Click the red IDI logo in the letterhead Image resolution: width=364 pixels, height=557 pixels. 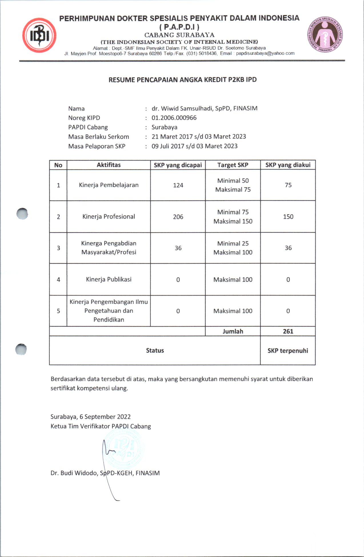click(39, 35)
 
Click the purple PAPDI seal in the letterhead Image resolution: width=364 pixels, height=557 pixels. click(325, 35)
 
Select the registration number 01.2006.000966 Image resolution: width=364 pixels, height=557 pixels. click(174, 118)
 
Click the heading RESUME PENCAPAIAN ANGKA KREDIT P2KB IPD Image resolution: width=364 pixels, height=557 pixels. click(182, 80)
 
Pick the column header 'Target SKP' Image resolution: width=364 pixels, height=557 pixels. click(233, 165)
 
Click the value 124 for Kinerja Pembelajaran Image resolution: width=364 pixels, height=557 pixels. click(178, 185)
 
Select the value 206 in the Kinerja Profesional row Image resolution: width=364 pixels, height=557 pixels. click(178, 217)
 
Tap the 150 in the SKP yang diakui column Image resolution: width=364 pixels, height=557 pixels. click(288, 217)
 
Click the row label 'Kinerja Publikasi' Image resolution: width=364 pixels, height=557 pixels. click(109, 279)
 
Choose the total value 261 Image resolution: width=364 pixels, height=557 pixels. click(288, 331)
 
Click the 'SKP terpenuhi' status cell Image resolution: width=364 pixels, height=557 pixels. click(288, 351)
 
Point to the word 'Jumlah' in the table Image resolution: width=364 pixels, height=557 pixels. click(233, 331)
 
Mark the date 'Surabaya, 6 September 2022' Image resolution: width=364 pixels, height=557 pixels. click(91, 417)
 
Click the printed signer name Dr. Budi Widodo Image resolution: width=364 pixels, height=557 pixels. click(105, 473)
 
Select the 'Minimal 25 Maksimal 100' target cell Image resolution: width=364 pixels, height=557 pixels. click(233, 248)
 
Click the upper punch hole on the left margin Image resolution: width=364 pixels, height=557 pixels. click(22, 213)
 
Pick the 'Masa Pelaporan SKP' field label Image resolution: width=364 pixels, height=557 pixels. click(97, 146)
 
